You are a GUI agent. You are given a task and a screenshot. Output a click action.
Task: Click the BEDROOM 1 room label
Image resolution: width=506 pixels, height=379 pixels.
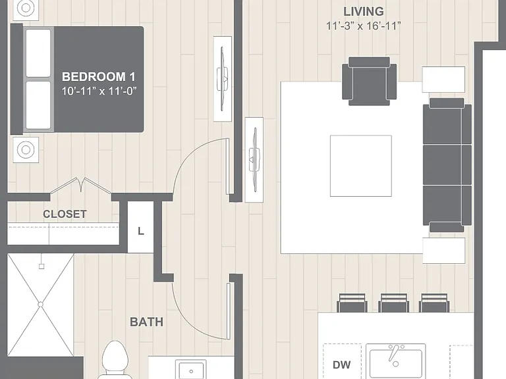tap(99, 77)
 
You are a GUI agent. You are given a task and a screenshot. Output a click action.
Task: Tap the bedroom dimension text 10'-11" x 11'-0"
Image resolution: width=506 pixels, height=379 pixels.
tap(99, 91)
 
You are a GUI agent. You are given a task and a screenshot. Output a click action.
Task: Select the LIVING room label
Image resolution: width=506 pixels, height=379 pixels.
tap(364, 12)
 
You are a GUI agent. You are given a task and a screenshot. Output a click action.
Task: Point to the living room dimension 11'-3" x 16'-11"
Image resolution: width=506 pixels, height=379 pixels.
tap(364, 26)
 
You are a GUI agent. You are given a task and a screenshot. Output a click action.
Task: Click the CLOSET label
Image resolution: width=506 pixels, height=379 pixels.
tap(65, 214)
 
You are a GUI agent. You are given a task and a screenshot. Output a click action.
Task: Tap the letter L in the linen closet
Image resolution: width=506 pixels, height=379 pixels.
tap(141, 231)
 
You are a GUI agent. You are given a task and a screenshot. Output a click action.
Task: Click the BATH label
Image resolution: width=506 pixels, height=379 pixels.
tap(146, 322)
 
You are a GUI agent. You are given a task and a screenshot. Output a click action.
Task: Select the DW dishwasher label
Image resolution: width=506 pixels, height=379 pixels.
tap(341, 365)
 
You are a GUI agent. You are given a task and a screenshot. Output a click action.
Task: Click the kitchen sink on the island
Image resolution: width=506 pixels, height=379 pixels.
tap(395, 361)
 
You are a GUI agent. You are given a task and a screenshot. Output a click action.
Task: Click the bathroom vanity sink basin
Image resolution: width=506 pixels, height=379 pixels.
tap(191, 369)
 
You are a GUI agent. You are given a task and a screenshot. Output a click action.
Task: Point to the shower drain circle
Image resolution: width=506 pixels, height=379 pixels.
tap(40, 304)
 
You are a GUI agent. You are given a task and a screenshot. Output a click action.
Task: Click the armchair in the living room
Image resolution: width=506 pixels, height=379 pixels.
tap(369, 81)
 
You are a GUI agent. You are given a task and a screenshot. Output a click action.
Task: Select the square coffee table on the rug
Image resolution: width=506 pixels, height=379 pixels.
tap(361, 166)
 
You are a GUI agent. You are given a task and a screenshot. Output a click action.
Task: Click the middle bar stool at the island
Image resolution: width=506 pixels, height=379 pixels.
tap(394, 303)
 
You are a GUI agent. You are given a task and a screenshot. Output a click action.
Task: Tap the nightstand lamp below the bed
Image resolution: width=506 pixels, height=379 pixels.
tap(26, 149)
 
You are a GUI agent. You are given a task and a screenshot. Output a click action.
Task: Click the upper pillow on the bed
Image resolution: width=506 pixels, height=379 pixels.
tap(38, 53)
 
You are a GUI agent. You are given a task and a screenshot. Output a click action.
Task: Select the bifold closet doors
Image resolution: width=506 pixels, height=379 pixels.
tap(80, 186)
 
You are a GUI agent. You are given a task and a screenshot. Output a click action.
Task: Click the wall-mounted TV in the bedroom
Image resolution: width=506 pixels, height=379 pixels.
tap(222, 79)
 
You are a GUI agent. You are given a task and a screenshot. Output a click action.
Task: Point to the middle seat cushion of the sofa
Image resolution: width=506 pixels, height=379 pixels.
tap(447, 165)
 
